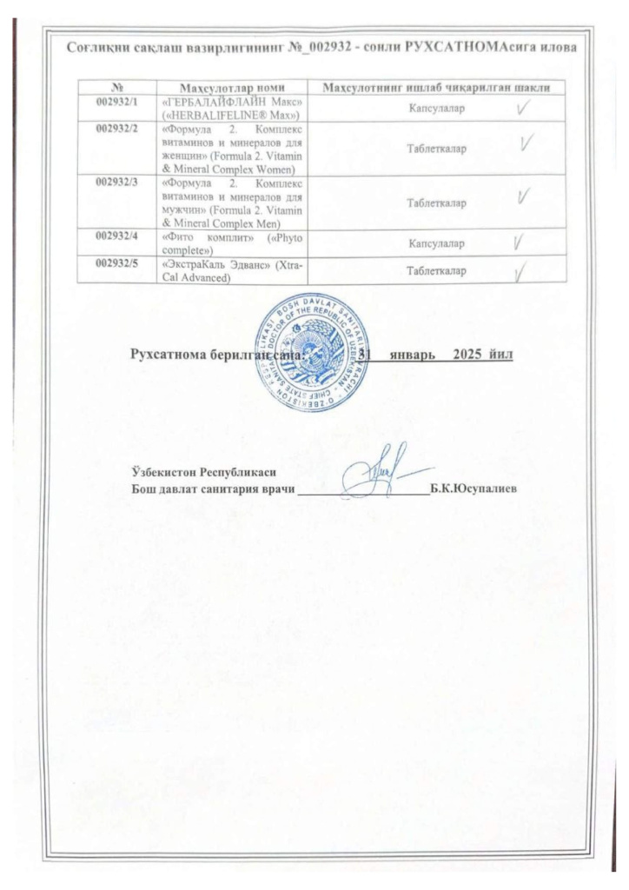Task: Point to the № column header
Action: pos(116,87)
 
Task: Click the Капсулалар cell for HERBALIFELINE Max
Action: pos(436,110)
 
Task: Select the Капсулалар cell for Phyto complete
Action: pos(436,245)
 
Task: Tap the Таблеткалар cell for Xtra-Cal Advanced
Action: pos(436,271)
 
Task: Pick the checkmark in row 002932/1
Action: pos(522,109)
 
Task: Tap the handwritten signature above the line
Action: pos(374,472)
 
